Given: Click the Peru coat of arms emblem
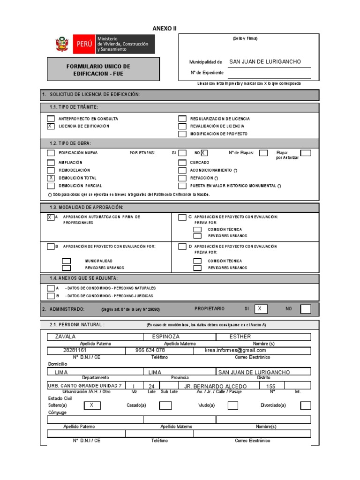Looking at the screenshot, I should pos(61,44).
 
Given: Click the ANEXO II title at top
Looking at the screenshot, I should pos(165,29).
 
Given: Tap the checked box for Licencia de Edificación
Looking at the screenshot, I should pos(51,126).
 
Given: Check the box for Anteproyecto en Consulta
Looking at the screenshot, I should pos(51,119).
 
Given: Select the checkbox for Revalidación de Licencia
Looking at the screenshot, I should pos(182,126).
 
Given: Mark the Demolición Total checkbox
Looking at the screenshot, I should pos(51,178).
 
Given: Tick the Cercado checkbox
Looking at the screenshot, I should pos(182,162).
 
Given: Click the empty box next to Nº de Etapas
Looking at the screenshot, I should pos(263,153).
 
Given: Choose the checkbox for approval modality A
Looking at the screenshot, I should pos(50,217).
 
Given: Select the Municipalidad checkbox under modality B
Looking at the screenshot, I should pos(67,261).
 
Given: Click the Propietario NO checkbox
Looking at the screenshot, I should pos(305,309).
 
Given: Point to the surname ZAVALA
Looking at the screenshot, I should pos(66,337).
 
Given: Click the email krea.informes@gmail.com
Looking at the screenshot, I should pos(235,351).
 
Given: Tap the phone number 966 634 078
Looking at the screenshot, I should pos(150,351).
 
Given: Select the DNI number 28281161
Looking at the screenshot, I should pos(75,351).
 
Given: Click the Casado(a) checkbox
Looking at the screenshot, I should pos(165,405).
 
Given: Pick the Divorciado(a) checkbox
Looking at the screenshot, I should pos(305,405).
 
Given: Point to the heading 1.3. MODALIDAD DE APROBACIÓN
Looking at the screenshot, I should pos(87,207).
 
